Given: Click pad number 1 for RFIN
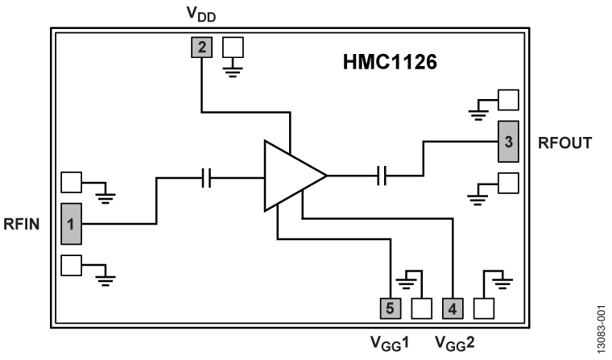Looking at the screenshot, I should (x=71, y=224).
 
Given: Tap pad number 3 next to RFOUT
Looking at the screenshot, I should (x=507, y=142).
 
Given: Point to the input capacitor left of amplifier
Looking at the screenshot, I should (x=206, y=179).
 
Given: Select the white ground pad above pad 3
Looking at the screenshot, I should (x=508, y=99).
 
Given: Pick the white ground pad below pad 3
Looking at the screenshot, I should (x=508, y=183).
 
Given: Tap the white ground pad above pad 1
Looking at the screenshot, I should (x=71, y=182).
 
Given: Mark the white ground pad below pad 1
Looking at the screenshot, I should (x=71, y=265).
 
